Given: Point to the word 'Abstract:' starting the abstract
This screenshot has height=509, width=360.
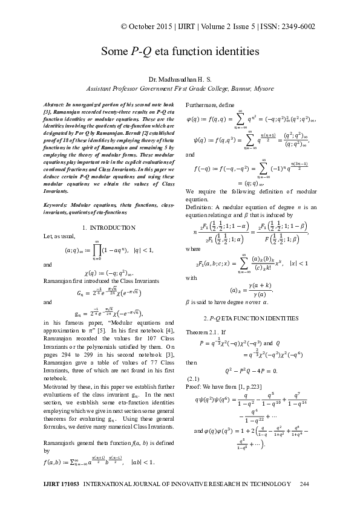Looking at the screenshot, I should (x=57, y=105).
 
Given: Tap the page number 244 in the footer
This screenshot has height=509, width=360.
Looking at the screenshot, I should (x=304, y=484).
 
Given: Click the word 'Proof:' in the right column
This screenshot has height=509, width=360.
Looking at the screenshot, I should (x=194, y=386).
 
